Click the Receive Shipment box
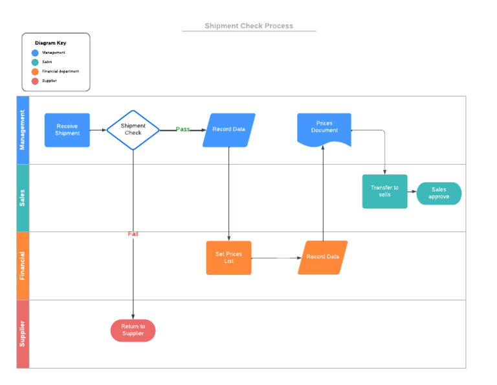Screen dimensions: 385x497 click(x=67, y=130)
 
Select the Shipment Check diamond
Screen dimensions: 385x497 click(x=133, y=130)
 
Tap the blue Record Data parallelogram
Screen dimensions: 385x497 click(x=229, y=130)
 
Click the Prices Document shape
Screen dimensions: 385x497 click(x=324, y=128)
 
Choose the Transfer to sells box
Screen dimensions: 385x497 click(x=384, y=191)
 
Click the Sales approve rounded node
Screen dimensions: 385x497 click(x=439, y=193)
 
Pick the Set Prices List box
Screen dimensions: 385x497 click(x=228, y=257)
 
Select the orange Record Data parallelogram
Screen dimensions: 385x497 click(x=322, y=257)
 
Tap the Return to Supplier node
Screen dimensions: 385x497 click(x=133, y=330)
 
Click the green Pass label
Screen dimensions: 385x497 click(x=183, y=130)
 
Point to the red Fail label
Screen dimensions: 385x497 click(x=133, y=234)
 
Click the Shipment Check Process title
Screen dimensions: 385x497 click(x=249, y=26)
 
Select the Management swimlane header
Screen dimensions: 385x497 click(x=23, y=130)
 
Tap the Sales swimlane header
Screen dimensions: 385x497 click(x=23, y=198)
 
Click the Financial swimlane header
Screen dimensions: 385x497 click(x=23, y=266)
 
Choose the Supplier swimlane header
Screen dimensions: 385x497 click(x=23, y=334)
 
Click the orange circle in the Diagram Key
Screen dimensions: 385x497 click(x=35, y=71)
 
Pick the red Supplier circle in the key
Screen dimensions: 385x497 click(x=35, y=81)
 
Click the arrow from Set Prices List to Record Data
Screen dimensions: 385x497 click(x=275, y=258)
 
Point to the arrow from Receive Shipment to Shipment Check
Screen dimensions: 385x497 click(x=98, y=130)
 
